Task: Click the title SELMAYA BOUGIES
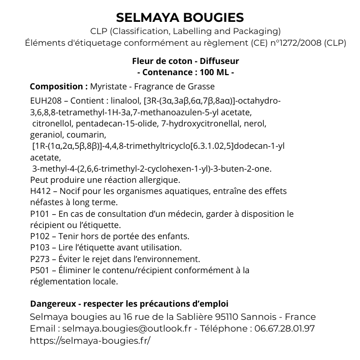[180, 18]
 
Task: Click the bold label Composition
[58, 86]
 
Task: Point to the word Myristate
[109, 86]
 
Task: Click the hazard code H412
[41, 191]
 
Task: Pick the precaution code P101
[40, 214]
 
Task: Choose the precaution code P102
[40, 236]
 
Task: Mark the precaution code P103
[40, 247]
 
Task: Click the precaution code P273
[40, 258]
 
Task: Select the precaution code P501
[40, 270]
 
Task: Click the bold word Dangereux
[52, 304]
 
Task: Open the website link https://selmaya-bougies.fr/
[90, 340]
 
